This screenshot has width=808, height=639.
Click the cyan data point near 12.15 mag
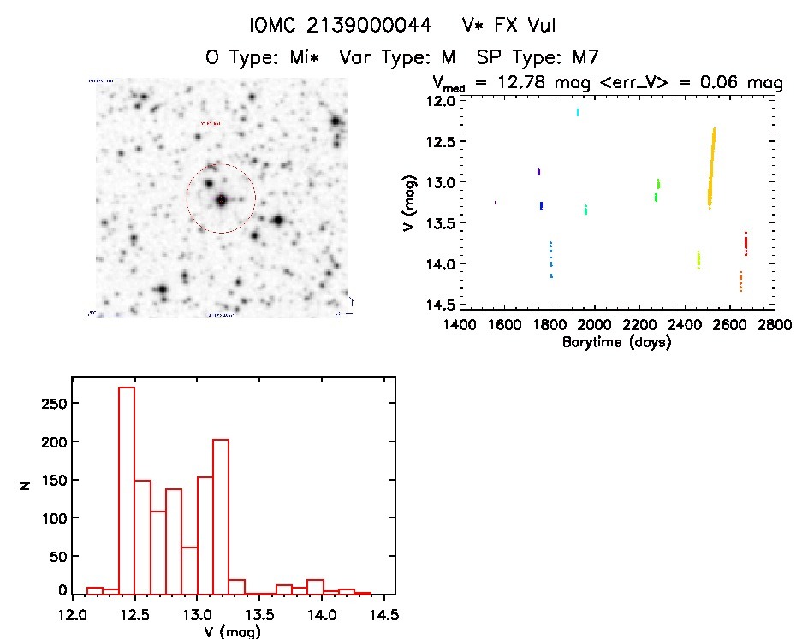click(578, 112)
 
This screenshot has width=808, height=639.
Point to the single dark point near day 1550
click(496, 203)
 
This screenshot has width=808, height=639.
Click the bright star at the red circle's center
click(222, 200)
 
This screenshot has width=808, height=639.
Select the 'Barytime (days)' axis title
click(616, 342)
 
